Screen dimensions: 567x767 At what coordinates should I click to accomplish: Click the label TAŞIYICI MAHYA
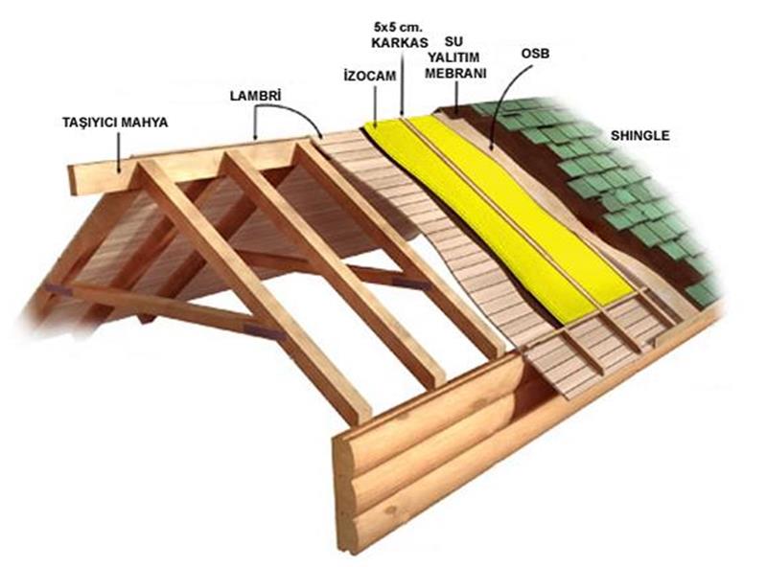point(115,123)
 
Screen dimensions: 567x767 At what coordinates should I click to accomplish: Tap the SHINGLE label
point(639,136)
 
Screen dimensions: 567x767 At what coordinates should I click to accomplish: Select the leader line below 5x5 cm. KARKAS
point(404,86)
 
